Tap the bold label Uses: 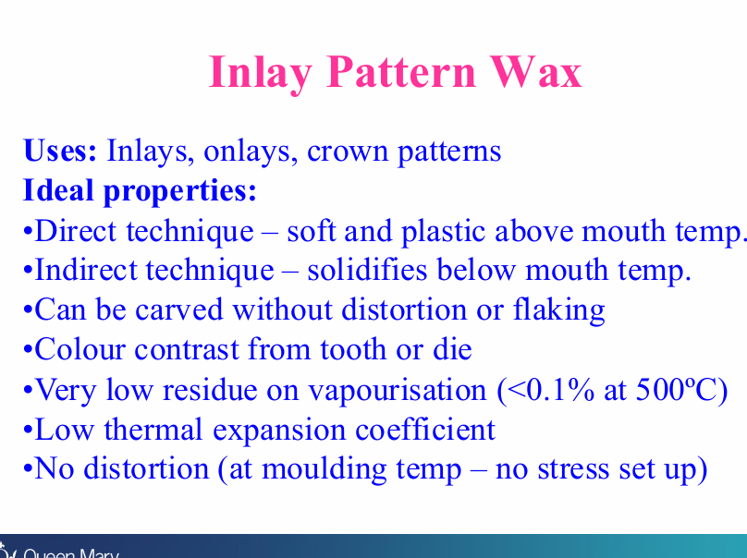[60, 151]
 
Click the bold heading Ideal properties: [141, 191]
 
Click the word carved [179, 309]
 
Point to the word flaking [558, 310]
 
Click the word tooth [353, 349]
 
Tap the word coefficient [425, 430]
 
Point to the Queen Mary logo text [70, 553]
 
